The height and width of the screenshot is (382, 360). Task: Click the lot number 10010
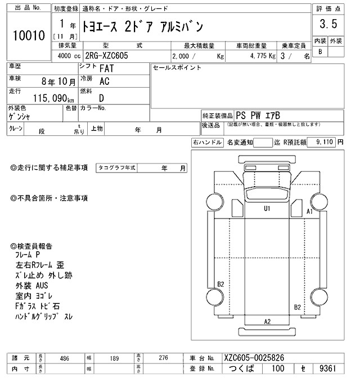coord(28,35)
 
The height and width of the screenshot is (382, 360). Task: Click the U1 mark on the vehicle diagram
coord(267,208)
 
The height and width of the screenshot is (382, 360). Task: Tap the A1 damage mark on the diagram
coord(309,212)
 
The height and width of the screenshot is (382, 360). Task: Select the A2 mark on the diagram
coord(267,321)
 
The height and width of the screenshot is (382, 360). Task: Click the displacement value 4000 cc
coord(68,57)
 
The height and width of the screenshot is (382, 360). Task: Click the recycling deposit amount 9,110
coord(325,143)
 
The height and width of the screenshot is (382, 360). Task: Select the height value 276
coord(163,357)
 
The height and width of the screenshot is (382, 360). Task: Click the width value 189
coord(114,357)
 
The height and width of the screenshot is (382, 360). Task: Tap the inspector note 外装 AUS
coord(37,286)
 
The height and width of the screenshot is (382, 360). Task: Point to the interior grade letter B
coord(320,52)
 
